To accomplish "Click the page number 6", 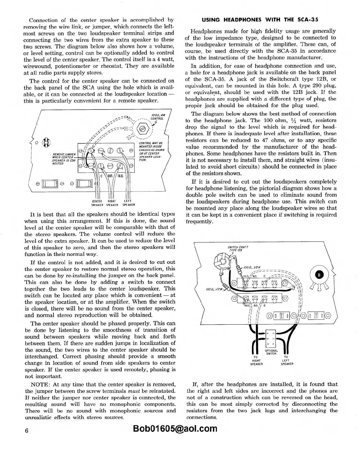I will pos(26,430).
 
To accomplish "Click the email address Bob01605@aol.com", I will pos(175,429).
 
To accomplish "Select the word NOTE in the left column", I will pos(41,384).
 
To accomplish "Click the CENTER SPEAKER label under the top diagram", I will pos(97,203).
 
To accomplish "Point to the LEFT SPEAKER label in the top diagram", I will pos(129,203).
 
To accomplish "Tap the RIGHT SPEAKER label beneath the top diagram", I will pos(112,203).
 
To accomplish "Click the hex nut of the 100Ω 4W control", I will pos(143,129).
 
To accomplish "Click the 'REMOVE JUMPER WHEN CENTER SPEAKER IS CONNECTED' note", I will pos(64,159).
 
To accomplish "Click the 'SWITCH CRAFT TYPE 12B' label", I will pos(238,248).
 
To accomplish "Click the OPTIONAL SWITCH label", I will pos(271,352).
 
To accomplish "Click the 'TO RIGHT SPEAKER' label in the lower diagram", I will pos(256,361).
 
